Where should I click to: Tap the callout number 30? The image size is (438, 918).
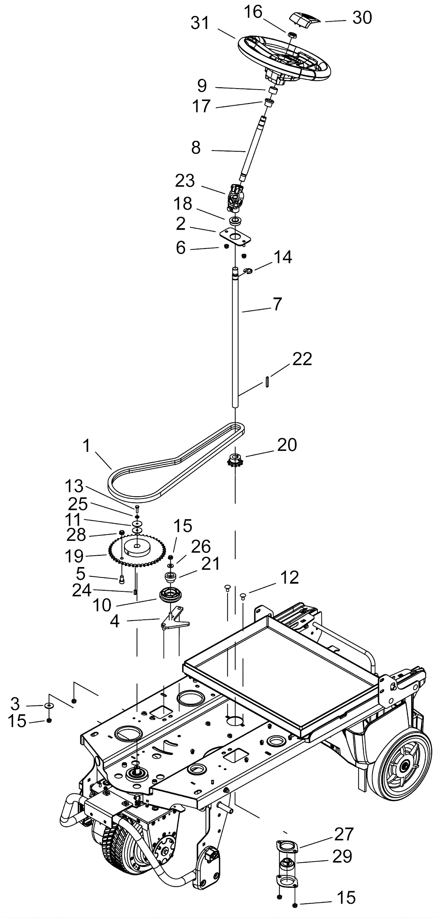coord(362,18)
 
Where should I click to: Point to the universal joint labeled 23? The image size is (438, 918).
coord(235,197)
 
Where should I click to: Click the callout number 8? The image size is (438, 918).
coord(196,148)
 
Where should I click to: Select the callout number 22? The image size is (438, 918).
coord(302,359)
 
